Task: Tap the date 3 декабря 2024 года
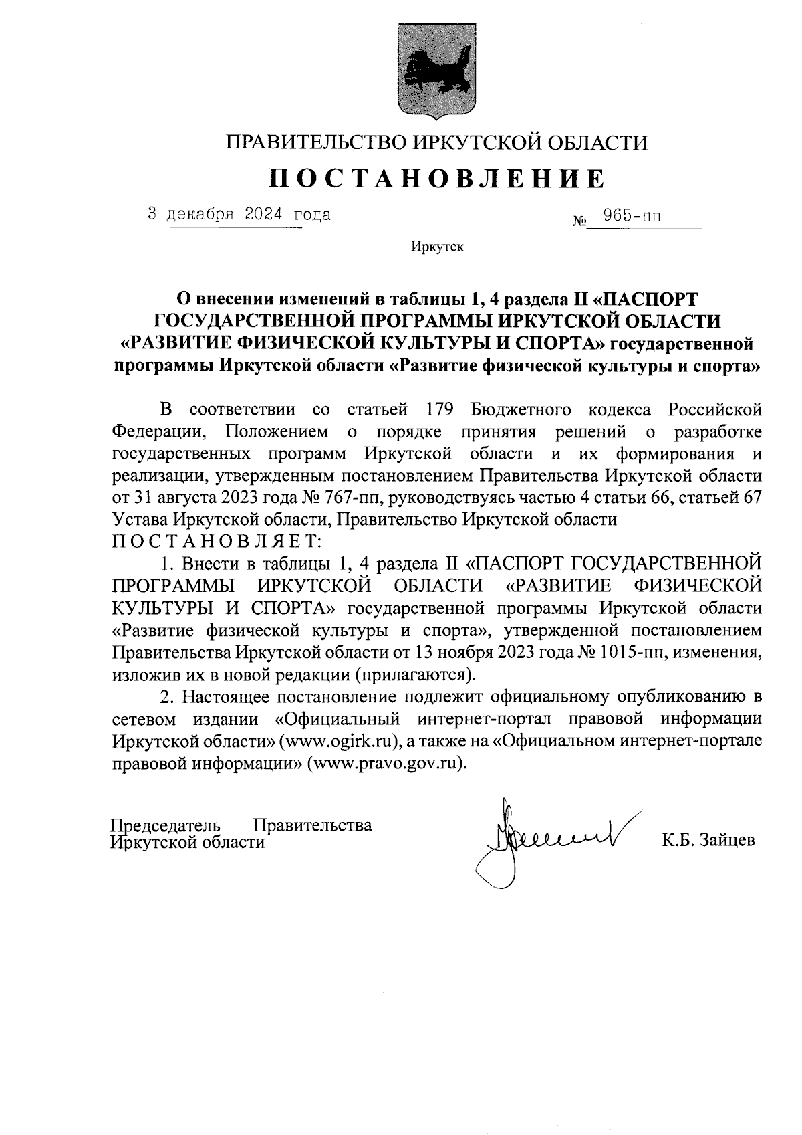coord(239,215)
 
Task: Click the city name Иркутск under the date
coord(437,247)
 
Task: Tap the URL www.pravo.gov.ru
coord(385,764)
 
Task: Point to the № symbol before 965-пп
coord(579,220)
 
